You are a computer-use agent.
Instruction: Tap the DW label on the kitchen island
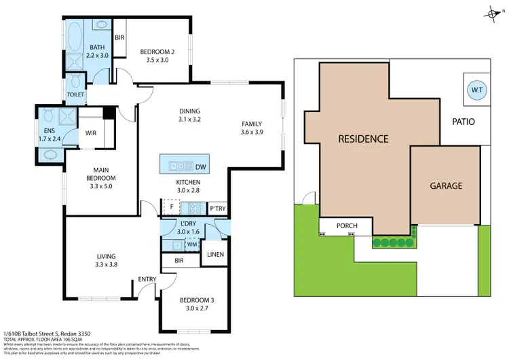[200, 167]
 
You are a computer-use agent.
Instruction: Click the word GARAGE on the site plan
[445, 185]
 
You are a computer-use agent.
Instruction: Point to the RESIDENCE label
[363, 139]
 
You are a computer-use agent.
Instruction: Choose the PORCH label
[347, 226]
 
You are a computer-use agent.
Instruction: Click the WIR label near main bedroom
[90, 133]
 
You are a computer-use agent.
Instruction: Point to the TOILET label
[75, 94]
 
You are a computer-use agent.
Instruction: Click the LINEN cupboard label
[215, 255]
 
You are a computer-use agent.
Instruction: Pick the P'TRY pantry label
[217, 209]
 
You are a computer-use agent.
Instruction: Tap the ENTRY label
[147, 279]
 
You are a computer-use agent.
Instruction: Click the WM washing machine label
[192, 243]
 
